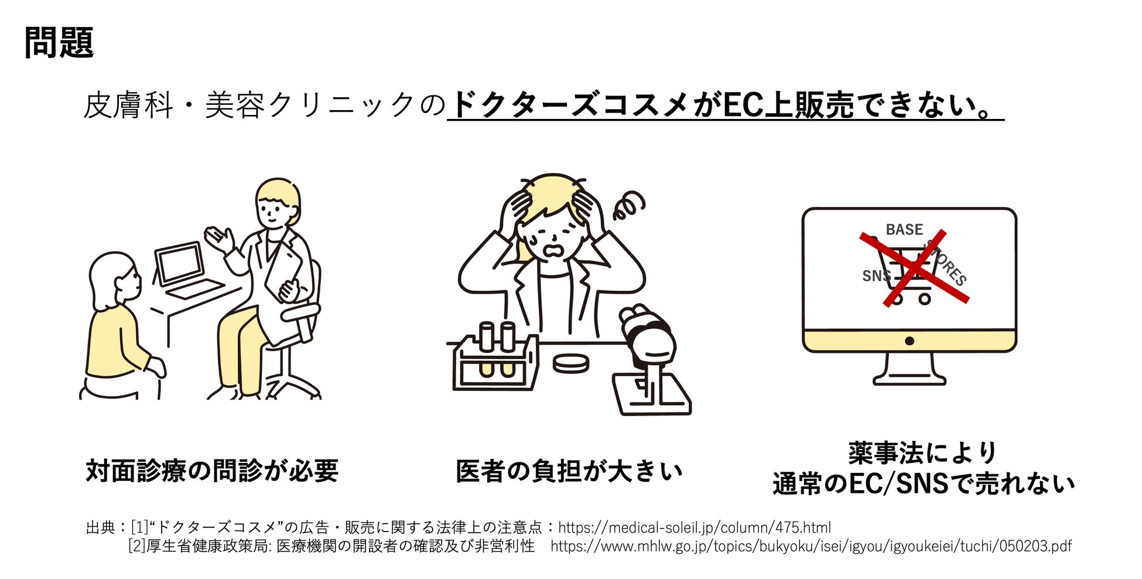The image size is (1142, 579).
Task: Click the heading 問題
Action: tap(59, 43)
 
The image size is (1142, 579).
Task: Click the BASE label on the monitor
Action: tap(904, 230)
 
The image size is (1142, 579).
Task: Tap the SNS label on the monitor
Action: tap(875, 275)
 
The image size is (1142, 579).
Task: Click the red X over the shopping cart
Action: tap(914, 268)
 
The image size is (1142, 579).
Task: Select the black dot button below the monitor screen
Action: tap(909, 340)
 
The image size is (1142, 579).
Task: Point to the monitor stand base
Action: tap(909, 379)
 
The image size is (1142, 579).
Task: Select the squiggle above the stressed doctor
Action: tap(628, 205)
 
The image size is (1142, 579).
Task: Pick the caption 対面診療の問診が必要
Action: tap(212, 471)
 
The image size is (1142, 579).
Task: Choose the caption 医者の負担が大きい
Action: tap(569, 471)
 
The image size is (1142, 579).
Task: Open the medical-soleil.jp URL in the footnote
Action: tap(694, 527)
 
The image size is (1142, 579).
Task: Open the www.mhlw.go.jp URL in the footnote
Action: tap(811, 546)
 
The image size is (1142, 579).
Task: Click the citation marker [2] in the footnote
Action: tap(136, 546)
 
